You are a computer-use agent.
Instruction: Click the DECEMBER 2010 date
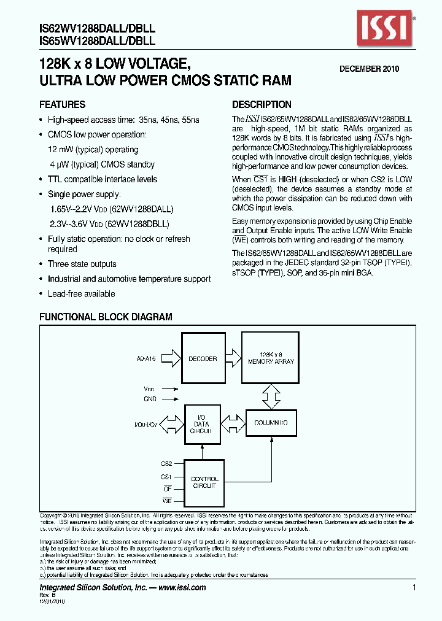coord(370,69)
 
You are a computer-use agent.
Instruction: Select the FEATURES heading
coord(62,104)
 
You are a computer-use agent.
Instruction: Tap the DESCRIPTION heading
coord(262,104)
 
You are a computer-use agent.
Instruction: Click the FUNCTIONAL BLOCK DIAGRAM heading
coord(106,317)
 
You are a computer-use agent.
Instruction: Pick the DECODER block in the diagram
coord(203,358)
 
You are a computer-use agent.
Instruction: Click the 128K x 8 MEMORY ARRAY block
coord(271,358)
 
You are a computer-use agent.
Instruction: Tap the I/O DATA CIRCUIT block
coord(202,423)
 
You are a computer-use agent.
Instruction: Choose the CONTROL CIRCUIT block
coord(204,483)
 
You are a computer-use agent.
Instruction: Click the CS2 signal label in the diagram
coord(166,465)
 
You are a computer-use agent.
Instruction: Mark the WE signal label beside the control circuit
coord(167,501)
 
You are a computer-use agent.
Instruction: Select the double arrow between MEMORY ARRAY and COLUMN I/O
coord(270,396)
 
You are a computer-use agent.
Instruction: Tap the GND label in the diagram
coord(151,399)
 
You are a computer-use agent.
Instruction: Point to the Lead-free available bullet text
coord(81,294)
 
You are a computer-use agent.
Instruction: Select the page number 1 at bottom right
coord(414,587)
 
